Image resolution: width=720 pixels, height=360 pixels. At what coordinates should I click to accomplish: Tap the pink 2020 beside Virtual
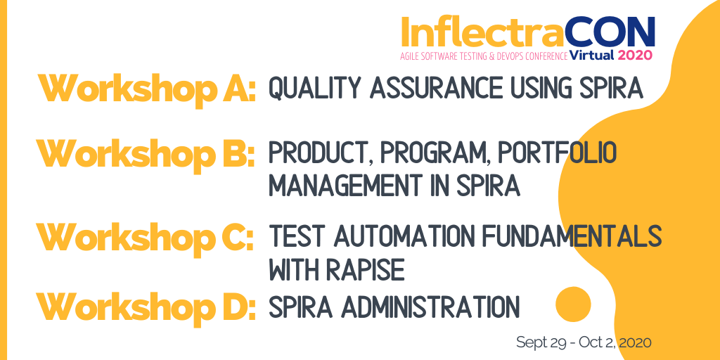coord(635,56)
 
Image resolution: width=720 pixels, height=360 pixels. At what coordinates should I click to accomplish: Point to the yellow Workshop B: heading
coord(146,154)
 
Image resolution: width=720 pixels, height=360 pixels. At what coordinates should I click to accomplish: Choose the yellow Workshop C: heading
coord(145,236)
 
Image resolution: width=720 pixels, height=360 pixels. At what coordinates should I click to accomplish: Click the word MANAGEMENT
coord(345,186)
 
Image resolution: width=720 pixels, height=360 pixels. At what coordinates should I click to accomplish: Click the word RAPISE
coord(365,269)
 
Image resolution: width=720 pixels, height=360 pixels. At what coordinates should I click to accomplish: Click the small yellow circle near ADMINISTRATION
coord(573,304)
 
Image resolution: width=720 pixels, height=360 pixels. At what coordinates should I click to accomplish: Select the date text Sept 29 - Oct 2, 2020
coord(584,342)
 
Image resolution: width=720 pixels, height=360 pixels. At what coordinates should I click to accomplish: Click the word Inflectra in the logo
coord(482,32)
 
